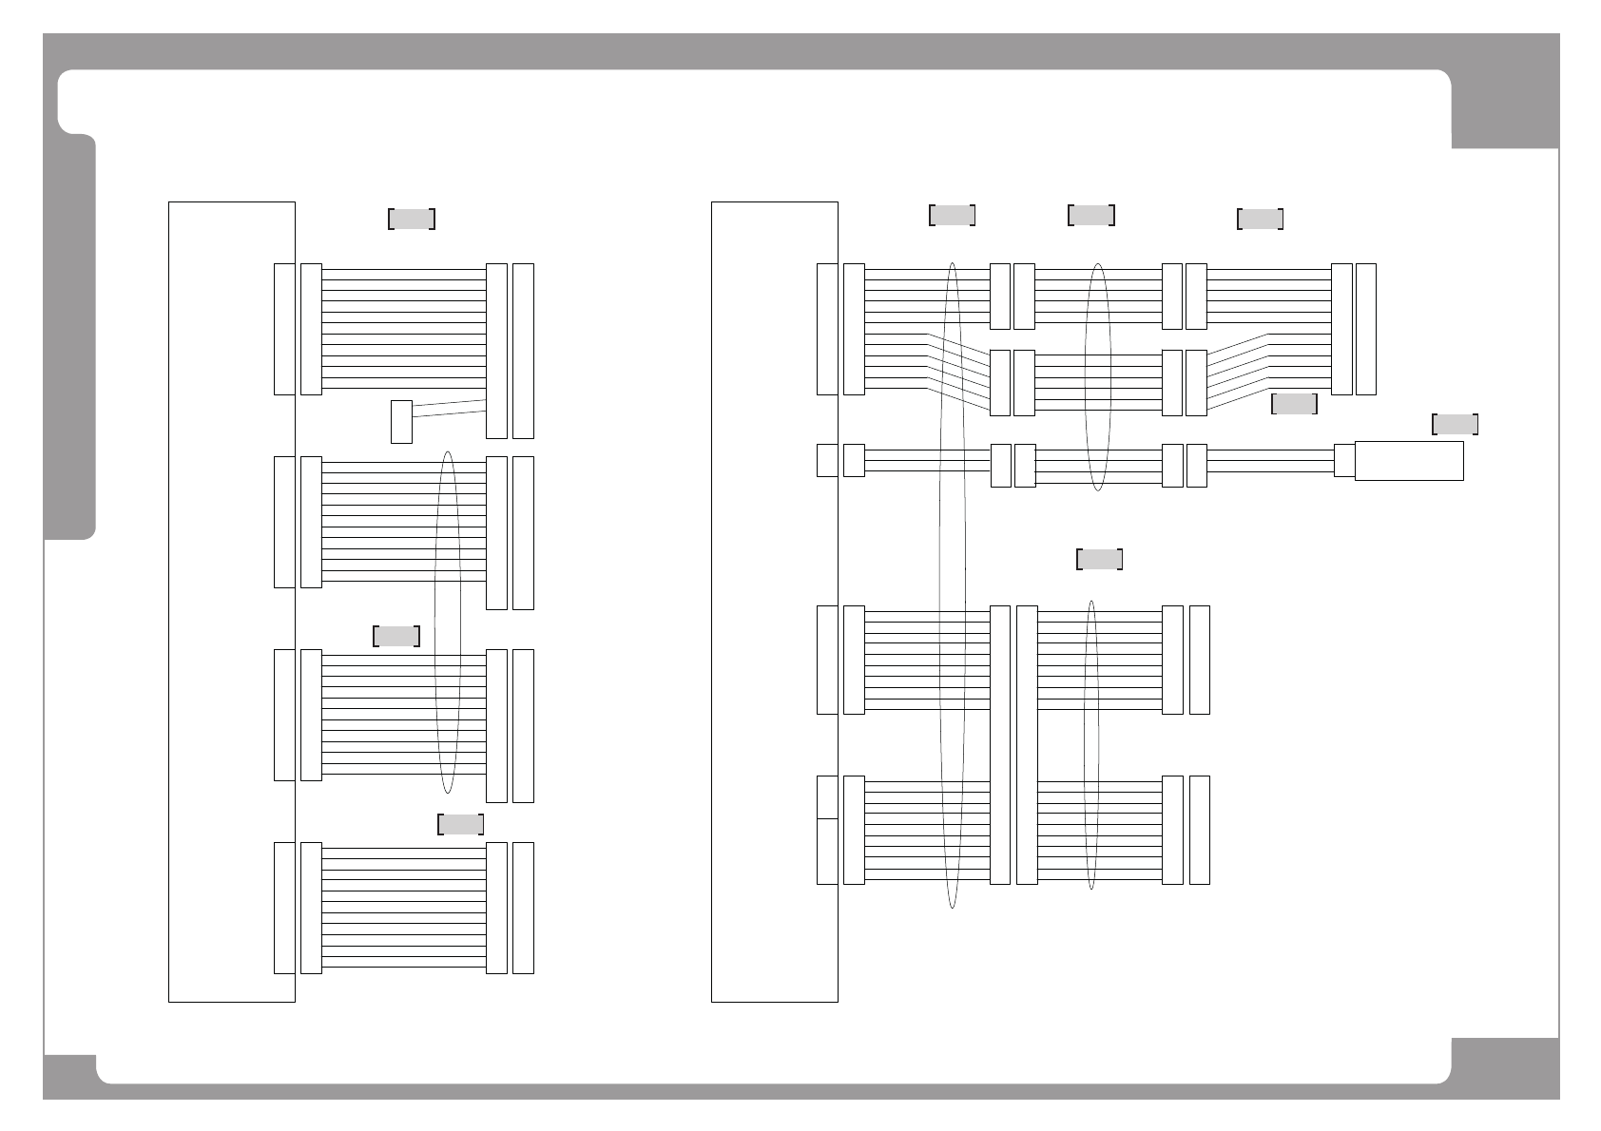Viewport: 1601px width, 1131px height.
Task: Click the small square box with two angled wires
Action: [x=401, y=422]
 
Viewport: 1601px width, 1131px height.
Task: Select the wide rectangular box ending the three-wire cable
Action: [x=1408, y=461]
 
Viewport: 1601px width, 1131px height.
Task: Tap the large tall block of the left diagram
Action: [x=231, y=601]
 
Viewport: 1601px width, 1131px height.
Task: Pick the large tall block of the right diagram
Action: [x=774, y=601]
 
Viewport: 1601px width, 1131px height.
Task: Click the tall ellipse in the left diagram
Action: [x=447, y=623]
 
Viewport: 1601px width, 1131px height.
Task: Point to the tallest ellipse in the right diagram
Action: [x=952, y=585]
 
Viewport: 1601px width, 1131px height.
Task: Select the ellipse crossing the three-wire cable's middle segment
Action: [x=1097, y=376]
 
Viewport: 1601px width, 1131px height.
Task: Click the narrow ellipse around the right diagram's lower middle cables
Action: [x=1091, y=744]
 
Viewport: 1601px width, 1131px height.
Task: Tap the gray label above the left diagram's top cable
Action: [x=412, y=220]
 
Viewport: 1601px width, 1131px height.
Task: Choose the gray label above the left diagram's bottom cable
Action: [x=460, y=824]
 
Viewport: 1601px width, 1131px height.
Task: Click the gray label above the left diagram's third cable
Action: [x=396, y=636]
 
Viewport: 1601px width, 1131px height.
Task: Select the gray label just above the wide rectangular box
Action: [x=1455, y=424]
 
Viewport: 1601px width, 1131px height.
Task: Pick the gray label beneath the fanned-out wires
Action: [x=1294, y=404]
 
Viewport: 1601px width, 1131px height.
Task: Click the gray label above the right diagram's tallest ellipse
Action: [x=952, y=215]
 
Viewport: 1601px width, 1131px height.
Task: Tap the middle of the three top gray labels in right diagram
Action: [x=1091, y=215]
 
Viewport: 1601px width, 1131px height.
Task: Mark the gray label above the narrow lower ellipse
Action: [x=1099, y=559]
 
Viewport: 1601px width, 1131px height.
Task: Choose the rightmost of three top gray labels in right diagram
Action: [x=1260, y=220]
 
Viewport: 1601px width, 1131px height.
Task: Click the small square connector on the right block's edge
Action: [x=827, y=460]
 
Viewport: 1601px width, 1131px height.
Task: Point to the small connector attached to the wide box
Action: [x=1343, y=460]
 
